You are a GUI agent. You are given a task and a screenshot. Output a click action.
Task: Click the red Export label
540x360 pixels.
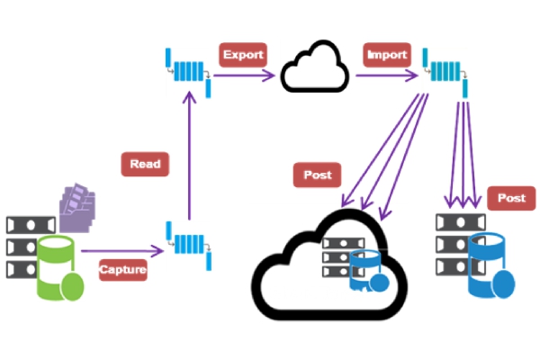pos(243,55)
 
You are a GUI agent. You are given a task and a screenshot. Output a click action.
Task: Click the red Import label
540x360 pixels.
pos(387,55)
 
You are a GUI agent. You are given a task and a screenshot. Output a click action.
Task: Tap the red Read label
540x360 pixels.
pos(145,164)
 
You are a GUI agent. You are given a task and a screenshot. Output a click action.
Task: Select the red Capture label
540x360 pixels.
pos(123,270)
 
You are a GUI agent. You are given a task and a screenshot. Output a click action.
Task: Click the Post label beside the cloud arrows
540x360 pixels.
pos(317,175)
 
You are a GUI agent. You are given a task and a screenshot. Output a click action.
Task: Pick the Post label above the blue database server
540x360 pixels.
pos(511,198)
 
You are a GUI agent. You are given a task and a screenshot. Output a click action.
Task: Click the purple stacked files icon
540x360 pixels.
pos(77,208)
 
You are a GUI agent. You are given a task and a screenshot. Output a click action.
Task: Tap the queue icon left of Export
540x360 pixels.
pos(188,72)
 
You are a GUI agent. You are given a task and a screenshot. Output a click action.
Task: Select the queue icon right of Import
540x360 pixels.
pos(445,72)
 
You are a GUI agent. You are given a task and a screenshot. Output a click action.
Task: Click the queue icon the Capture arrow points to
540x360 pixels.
pos(188,246)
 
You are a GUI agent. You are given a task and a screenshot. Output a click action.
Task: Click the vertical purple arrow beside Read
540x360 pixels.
pos(189,155)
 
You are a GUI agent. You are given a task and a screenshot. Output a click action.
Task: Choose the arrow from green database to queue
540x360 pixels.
pos(122,251)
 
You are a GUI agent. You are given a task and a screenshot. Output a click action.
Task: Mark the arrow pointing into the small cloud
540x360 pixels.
pos(244,75)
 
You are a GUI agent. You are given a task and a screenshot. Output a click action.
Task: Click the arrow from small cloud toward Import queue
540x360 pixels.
pos(387,75)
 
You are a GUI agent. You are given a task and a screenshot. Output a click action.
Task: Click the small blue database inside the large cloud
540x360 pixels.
pos(368,271)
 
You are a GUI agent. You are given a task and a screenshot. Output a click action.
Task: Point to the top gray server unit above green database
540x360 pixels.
pos(31,225)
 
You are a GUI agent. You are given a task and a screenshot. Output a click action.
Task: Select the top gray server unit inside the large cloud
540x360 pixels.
pos(344,243)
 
